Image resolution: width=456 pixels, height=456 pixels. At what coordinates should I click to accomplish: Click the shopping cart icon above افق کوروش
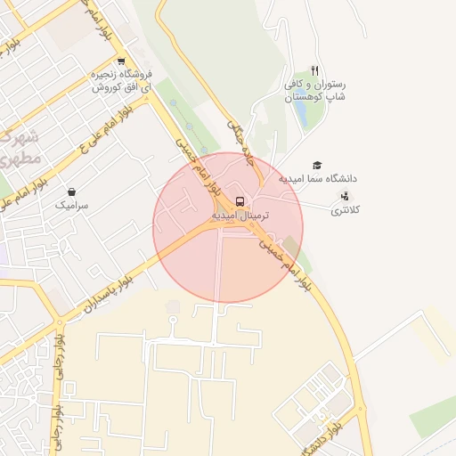[121, 61]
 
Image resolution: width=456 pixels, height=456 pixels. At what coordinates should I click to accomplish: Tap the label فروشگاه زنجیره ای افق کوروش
[122, 81]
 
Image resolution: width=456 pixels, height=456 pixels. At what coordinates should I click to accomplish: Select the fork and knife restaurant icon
[314, 70]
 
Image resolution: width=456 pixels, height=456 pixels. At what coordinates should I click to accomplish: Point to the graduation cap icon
[317, 166]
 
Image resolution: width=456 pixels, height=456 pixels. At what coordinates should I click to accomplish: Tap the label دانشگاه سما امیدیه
[318, 179]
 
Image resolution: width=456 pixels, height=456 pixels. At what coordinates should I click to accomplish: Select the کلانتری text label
[346, 211]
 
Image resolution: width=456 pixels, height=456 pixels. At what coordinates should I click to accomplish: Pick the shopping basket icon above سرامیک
[72, 191]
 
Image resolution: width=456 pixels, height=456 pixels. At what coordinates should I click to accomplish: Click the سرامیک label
[72, 205]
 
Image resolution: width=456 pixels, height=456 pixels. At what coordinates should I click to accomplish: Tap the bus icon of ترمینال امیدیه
[240, 201]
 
